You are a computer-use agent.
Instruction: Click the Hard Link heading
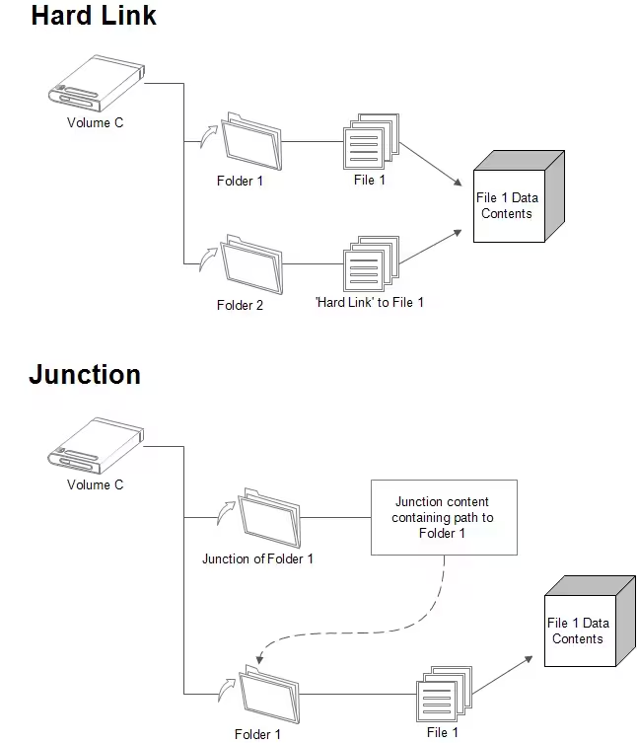(94, 16)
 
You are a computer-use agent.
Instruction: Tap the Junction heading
(85, 375)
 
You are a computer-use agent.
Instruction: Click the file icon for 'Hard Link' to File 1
(370, 264)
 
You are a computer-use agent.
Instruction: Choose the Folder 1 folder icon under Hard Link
(252, 141)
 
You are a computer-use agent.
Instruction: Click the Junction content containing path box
(442, 517)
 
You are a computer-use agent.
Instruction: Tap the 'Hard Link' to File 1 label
(369, 302)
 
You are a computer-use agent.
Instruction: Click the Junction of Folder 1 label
(258, 558)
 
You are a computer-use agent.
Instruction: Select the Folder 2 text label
(240, 305)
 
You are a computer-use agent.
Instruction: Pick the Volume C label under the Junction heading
(95, 484)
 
